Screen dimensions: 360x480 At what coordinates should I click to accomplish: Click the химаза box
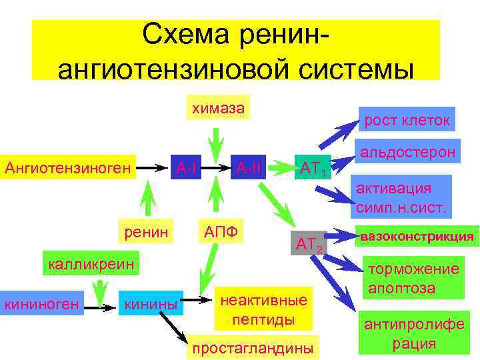(x=218, y=107)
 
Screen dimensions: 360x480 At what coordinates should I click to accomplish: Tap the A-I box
(x=186, y=165)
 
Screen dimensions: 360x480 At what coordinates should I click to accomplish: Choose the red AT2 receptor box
(x=309, y=246)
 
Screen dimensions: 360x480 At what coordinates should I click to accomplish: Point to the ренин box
(x=144, y=230)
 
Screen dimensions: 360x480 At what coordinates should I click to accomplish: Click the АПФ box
(x=221, y=230)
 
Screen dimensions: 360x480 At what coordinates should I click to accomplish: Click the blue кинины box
(x=151, y=305)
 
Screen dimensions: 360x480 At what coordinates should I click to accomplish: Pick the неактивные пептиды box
(x=263, y=309)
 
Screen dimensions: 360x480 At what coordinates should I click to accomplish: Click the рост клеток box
(x=407, y=120)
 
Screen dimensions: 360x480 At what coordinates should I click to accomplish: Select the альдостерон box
(x=407, y=152)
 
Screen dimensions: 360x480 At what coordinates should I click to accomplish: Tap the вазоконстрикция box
(x=417, y=237)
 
